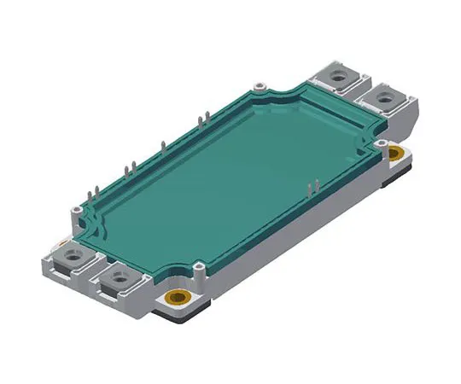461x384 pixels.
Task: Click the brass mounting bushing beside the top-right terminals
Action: (x=394, y=154)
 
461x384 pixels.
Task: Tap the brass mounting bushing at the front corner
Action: (x=178, y=299)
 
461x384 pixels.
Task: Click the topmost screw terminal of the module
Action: (x=340, y=75)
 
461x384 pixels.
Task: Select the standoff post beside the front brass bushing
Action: (x=197, y=270)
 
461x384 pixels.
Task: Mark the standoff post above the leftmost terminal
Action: (x=78, y=207)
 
